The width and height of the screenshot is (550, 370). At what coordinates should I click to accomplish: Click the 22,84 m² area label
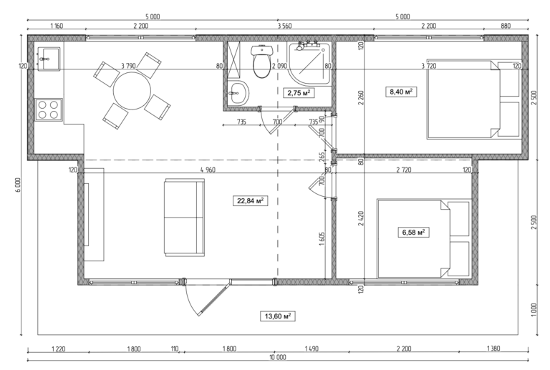click(246, 201)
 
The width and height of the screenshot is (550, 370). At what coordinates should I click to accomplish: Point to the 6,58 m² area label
click(412, 232)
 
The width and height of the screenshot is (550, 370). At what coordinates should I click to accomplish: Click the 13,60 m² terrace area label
click(279, 316)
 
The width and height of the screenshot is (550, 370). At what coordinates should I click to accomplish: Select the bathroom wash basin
click(238, 92)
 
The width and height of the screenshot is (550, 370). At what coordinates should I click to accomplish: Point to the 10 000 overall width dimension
click(277, 357)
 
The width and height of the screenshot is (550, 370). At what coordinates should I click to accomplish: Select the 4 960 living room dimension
click(208, 170)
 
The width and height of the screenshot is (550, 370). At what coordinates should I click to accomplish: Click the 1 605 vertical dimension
click(323, 240)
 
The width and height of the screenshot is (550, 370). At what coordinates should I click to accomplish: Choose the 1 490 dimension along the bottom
click(311, 349)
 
